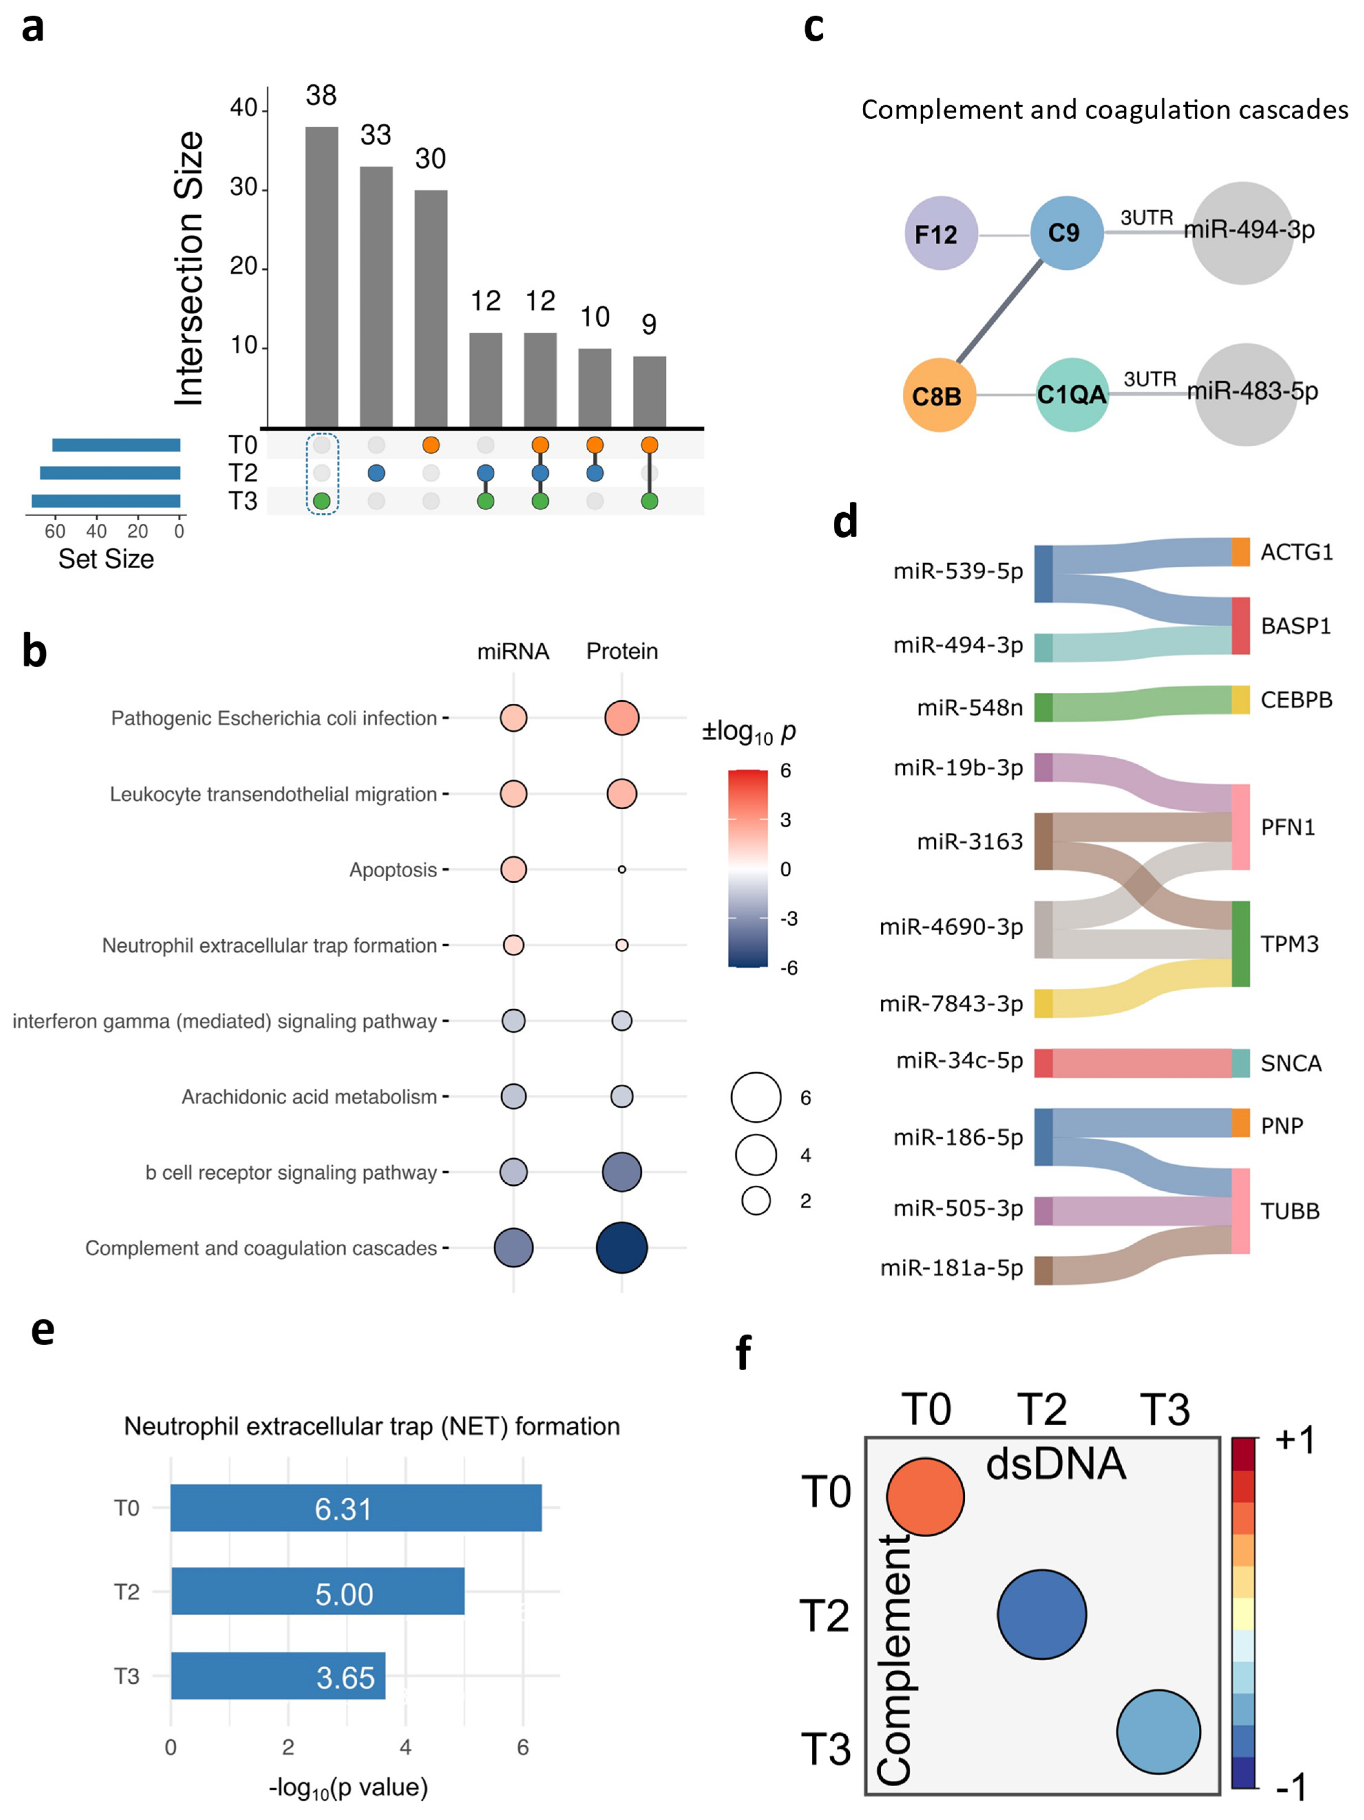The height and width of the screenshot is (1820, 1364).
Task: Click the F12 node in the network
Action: [x=940, y=234]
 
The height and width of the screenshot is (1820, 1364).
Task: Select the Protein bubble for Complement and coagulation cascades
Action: [x=621, y=1247]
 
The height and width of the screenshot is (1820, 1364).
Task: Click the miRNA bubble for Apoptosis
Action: [x=513, y=869]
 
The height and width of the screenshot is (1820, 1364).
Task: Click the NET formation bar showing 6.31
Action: [x=356, y=1507]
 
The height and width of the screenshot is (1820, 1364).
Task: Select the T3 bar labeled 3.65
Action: [x=277, y=1676]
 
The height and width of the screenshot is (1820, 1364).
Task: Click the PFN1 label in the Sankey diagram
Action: [x=1288, y=827]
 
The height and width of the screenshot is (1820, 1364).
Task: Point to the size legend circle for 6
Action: [x=756, y=1097]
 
